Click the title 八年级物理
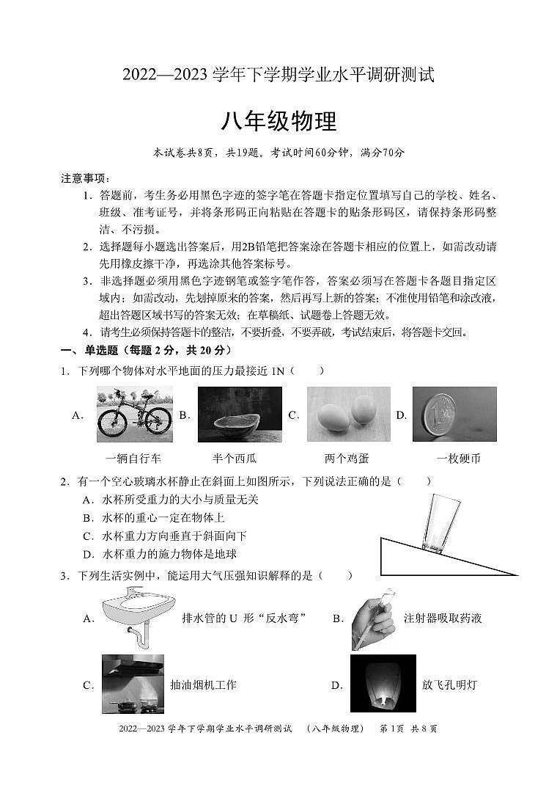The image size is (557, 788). click(x=278, y=121)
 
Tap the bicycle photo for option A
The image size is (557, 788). click(x=134, y=415)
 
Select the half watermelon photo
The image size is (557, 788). click(x=240, y=415)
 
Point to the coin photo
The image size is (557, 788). click(x=454, y=415)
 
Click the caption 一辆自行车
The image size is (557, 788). click(x=133, y=459)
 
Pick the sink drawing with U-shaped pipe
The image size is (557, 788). click(x=137, y=618)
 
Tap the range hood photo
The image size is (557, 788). click(x=133, y=684)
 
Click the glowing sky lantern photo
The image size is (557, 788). click(x=383, y=684)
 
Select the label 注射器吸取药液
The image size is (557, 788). click(x=443, y=619)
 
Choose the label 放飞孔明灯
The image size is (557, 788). click(x=449, y=685)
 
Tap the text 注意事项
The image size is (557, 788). click(x=84, y=178)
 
